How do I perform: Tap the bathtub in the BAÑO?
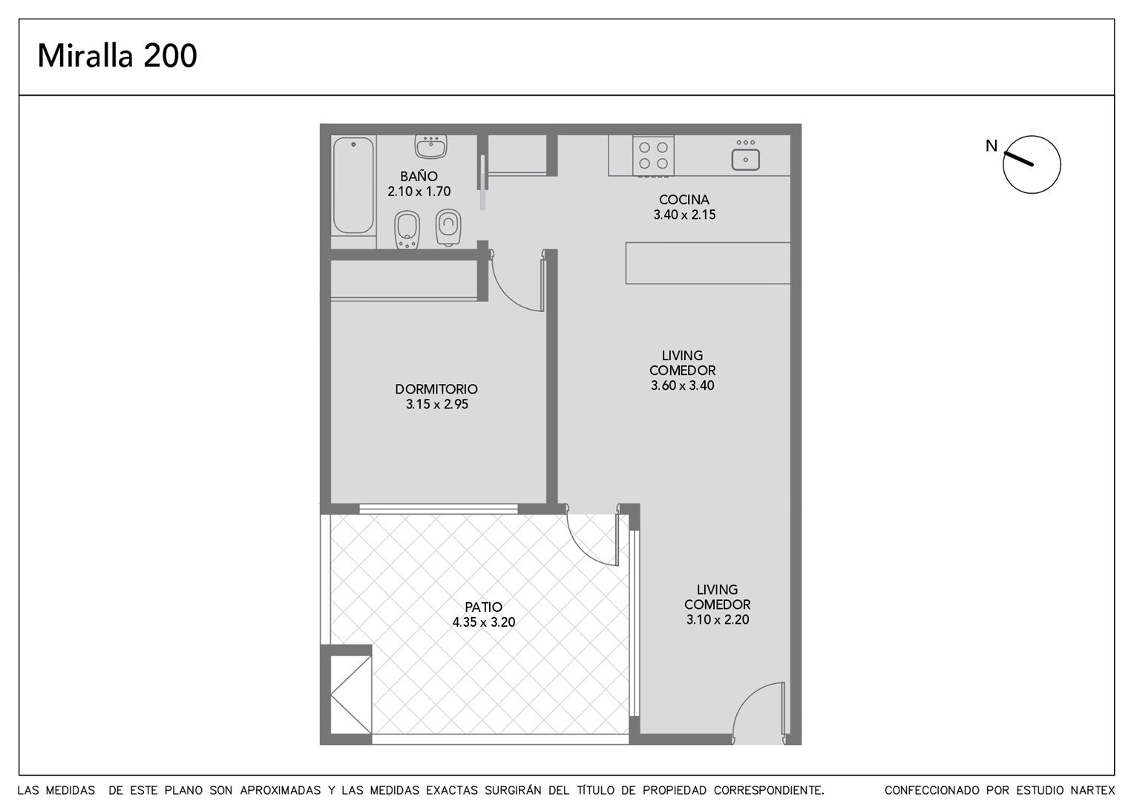[x=353, y=185]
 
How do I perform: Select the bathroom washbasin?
[x=431, y=146]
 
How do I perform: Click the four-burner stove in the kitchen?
[x=653, y=155]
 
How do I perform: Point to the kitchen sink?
[x=745, y=159]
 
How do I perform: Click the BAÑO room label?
[x=419, y=176]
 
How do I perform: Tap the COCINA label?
[x=684, y=200]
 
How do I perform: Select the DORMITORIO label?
[x=436, y=389]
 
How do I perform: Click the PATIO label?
[x=483, y=607]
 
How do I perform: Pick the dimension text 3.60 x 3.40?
[x=683, y=385]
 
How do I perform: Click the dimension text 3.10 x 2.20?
[x=718, y=619]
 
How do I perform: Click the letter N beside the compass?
[x=992, y=146]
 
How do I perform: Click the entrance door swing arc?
[x=747, y=696]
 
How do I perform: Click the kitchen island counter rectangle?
[x=708, y=263]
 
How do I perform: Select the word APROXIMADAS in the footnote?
[x=281, y=790]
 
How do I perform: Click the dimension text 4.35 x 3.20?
[x=483, y=622]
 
